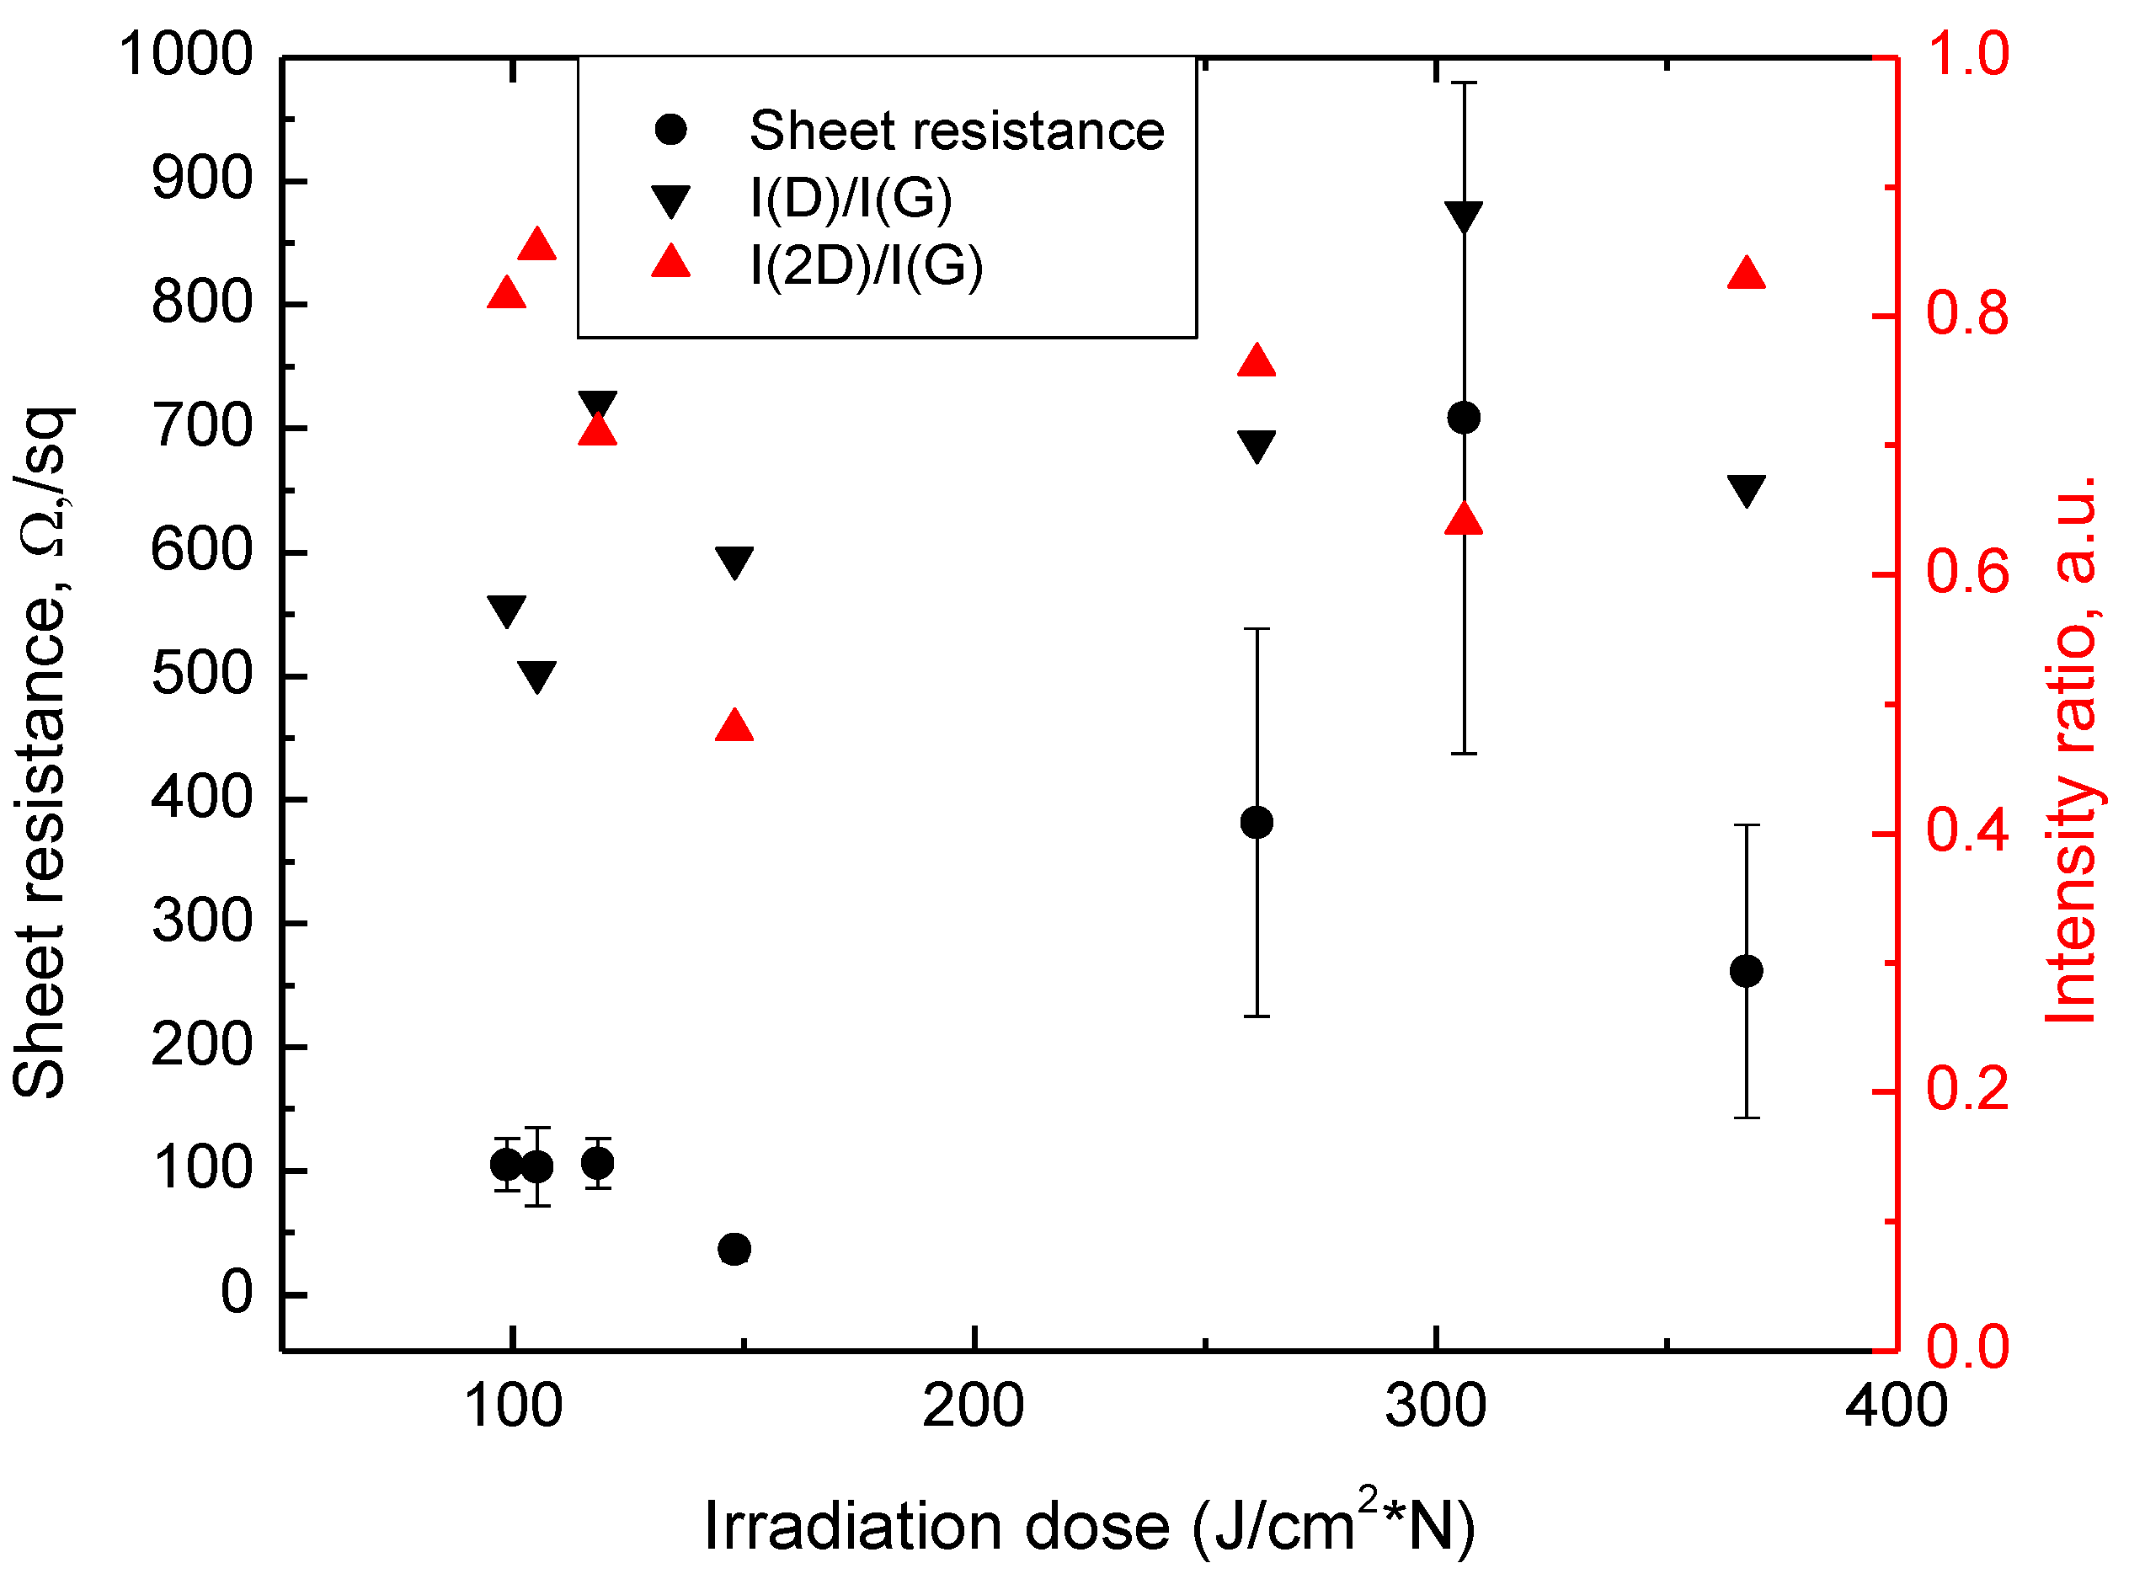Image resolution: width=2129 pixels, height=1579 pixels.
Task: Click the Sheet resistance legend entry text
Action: pos(957,130)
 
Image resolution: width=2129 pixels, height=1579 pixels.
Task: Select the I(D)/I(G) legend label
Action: pos(851,198)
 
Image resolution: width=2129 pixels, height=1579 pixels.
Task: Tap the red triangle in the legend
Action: pos(671,261)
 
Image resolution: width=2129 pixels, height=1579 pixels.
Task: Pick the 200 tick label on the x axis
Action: pos(973,1407)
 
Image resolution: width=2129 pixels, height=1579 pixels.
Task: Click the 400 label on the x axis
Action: pos(1896,1407)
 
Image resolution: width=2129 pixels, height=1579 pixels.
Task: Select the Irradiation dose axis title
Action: pos(1090,1527)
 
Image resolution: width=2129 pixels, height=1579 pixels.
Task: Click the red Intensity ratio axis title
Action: pos(2073,750)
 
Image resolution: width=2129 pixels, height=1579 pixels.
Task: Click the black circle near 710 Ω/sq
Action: pos(1463,418)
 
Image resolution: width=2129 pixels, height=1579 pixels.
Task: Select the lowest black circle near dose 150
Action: pos(734,1249)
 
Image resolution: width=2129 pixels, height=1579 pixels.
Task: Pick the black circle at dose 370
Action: pos(1746,971)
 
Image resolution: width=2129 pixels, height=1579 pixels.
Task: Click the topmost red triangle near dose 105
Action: pos(537,245)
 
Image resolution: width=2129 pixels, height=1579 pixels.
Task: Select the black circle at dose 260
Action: pos(1256,822)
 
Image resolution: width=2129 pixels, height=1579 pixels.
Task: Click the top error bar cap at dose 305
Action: pos(1463,83)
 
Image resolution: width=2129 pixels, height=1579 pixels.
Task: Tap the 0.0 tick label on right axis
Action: pos(1966,1347)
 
